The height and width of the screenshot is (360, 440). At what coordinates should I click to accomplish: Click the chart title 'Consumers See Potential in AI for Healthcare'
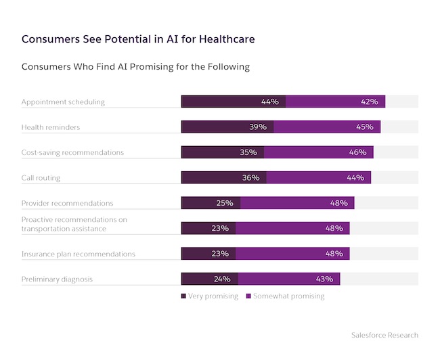138,39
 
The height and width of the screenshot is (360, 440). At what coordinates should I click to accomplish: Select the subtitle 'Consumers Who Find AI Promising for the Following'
135,67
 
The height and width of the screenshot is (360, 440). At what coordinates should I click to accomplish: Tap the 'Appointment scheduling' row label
63,102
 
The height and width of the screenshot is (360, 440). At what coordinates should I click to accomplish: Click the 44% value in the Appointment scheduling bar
269,102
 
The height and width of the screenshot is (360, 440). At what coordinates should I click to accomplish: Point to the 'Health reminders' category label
51,127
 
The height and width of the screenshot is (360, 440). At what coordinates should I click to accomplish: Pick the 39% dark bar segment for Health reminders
227,127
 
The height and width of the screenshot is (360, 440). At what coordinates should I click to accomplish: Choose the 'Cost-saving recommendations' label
72,152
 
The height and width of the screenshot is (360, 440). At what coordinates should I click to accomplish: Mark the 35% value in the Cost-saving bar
248,152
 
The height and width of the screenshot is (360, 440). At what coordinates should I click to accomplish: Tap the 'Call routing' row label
41,177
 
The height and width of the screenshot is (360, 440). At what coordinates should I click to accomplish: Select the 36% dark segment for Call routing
223,177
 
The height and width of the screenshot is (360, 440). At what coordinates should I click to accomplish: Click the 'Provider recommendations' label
67,203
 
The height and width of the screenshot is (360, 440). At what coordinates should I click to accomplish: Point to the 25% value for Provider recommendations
224,203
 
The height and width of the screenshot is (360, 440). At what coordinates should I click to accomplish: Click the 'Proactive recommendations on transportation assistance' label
74,224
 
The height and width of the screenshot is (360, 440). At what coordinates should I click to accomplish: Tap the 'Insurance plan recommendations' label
78,254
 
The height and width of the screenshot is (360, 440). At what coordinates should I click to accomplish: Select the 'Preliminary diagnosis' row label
57,279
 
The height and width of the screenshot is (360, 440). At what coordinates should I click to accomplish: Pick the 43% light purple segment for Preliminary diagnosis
289,279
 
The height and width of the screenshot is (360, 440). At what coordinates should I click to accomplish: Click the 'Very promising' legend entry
209,296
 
